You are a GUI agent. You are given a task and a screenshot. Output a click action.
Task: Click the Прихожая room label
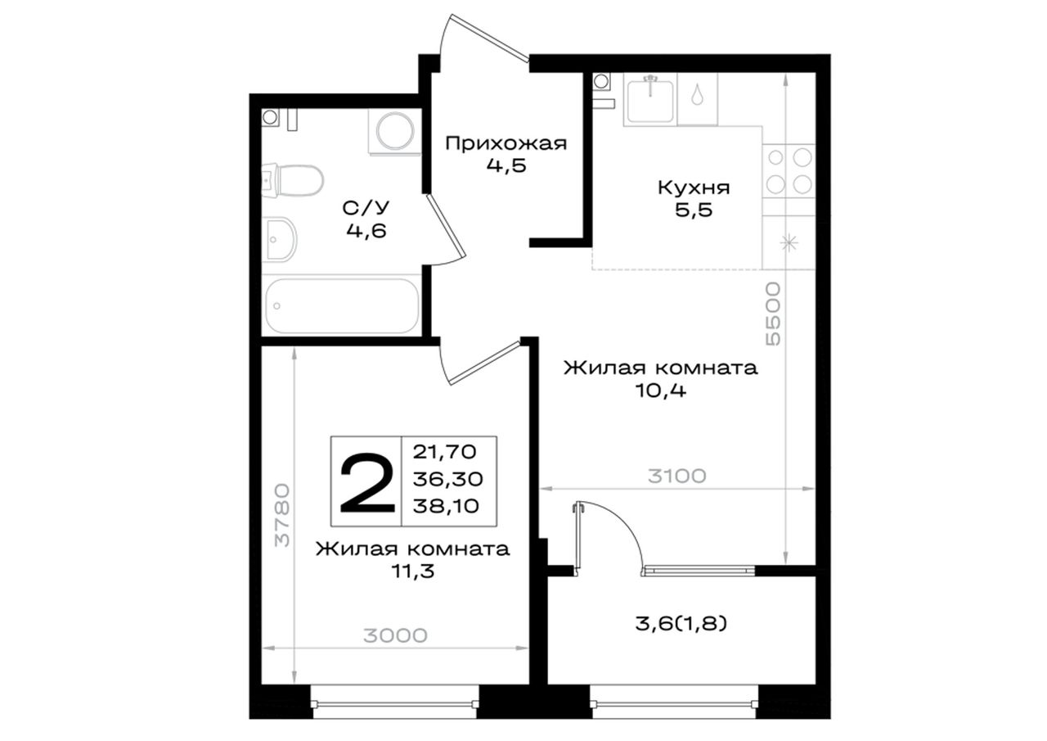click(x=506, y=143)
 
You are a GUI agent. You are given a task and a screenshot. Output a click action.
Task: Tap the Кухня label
click(x=694, y=188)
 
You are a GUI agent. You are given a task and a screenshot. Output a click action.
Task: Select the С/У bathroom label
click(x=366, y=208)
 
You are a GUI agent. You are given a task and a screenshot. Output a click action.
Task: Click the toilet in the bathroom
click(x=293, y=181)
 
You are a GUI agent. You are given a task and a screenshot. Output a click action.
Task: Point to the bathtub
click(x=342, y=306)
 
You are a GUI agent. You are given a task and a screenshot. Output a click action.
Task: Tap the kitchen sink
click(x=650, y=100)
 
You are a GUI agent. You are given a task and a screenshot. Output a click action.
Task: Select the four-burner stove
click(x=789, y=171)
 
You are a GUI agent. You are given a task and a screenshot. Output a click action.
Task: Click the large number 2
click(x=367, y=483)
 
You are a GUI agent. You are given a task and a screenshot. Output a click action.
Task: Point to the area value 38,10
click(x=446, y=506)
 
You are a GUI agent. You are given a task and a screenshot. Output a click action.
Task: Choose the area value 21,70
click(x=444, y=452)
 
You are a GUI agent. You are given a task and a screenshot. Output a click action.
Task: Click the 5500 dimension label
click(x=774, y=314)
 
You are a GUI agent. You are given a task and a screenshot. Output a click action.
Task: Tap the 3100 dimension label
click(x=677, y=477)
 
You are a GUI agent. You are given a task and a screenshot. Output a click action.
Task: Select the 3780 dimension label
click(x=283, y=515)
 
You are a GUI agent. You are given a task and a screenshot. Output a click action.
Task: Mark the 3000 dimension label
click(x=395, y=635)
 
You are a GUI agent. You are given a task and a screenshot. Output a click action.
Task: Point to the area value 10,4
click(x=660, y=390)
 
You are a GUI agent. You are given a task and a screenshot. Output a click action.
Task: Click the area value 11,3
click(x=413, y=571)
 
